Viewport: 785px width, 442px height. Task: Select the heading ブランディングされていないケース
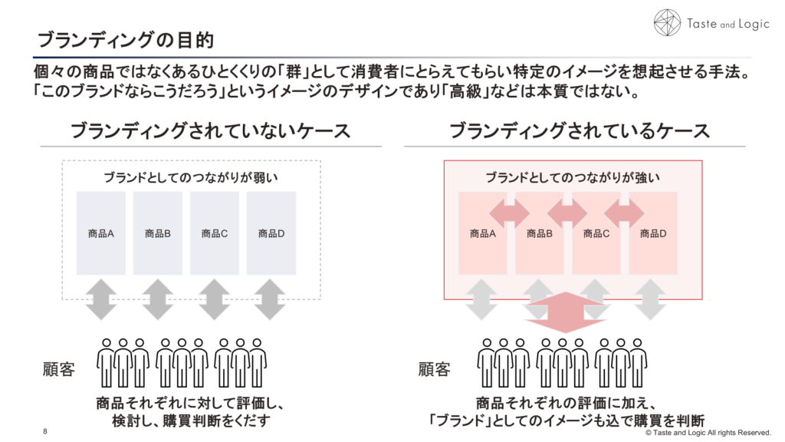210,130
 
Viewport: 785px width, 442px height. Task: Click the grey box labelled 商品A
101,233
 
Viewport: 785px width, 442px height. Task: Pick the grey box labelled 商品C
215,233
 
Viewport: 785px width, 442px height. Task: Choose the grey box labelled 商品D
271,233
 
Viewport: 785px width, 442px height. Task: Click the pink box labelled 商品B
540,233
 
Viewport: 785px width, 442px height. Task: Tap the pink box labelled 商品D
653,233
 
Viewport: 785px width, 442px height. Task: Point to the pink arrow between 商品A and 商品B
511,209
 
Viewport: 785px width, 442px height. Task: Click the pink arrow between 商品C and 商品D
624,209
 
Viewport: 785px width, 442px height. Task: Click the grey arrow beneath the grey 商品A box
101,299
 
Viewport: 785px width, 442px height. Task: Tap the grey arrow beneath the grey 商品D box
271,299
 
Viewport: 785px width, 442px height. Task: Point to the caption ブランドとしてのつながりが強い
573,177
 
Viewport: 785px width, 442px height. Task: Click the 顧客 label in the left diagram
58,370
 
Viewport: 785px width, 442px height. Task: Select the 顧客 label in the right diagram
435,370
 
